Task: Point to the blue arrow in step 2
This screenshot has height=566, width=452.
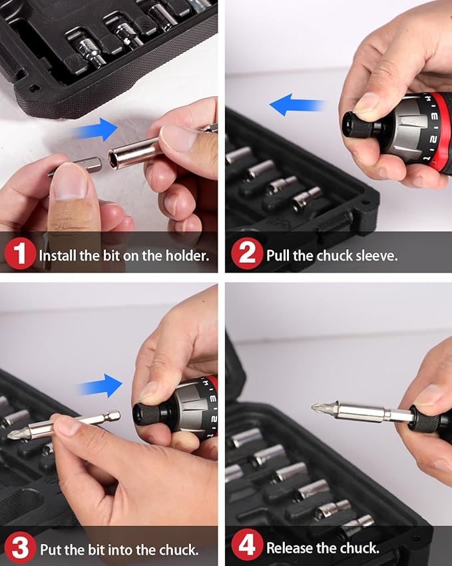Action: pos(298,105)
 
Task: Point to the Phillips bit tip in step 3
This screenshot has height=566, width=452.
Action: pos(14,434)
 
